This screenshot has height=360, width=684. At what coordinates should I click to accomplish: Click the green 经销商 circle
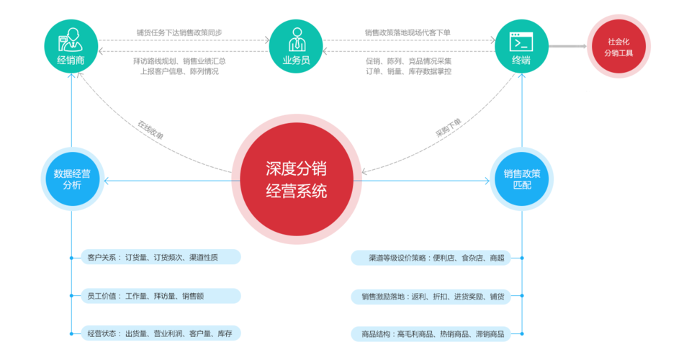tap(71, 45)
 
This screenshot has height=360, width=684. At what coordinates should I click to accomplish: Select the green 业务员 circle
tap(296, 45)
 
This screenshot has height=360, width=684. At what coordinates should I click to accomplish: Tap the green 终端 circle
tap(521, 45)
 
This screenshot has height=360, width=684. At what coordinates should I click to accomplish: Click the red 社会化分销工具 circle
tap(619, 47)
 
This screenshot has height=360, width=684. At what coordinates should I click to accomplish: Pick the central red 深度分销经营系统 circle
tap(296, 180)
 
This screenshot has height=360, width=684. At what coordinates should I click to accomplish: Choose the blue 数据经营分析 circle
tap(71, 179)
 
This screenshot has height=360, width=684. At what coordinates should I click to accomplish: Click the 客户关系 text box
tap(161, 257)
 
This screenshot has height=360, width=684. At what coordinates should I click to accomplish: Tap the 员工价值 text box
tap(161, 295)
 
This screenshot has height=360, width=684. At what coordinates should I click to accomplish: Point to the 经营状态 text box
tap(161, 333)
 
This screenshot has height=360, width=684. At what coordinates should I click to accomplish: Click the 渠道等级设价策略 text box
tap(431, 258)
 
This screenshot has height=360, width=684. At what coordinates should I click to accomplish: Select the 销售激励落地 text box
tap(431, 296)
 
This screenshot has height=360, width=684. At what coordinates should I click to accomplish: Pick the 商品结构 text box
tap(431, 333)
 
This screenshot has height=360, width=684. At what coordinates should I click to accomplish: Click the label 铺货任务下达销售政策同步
tap(179, 32)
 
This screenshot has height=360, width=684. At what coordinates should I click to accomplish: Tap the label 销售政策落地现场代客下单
tap(408, 32)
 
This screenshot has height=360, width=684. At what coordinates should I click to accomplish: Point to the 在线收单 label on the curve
tap(150, 129)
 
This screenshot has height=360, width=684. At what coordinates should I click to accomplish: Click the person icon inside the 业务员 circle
tap(296, 39)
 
